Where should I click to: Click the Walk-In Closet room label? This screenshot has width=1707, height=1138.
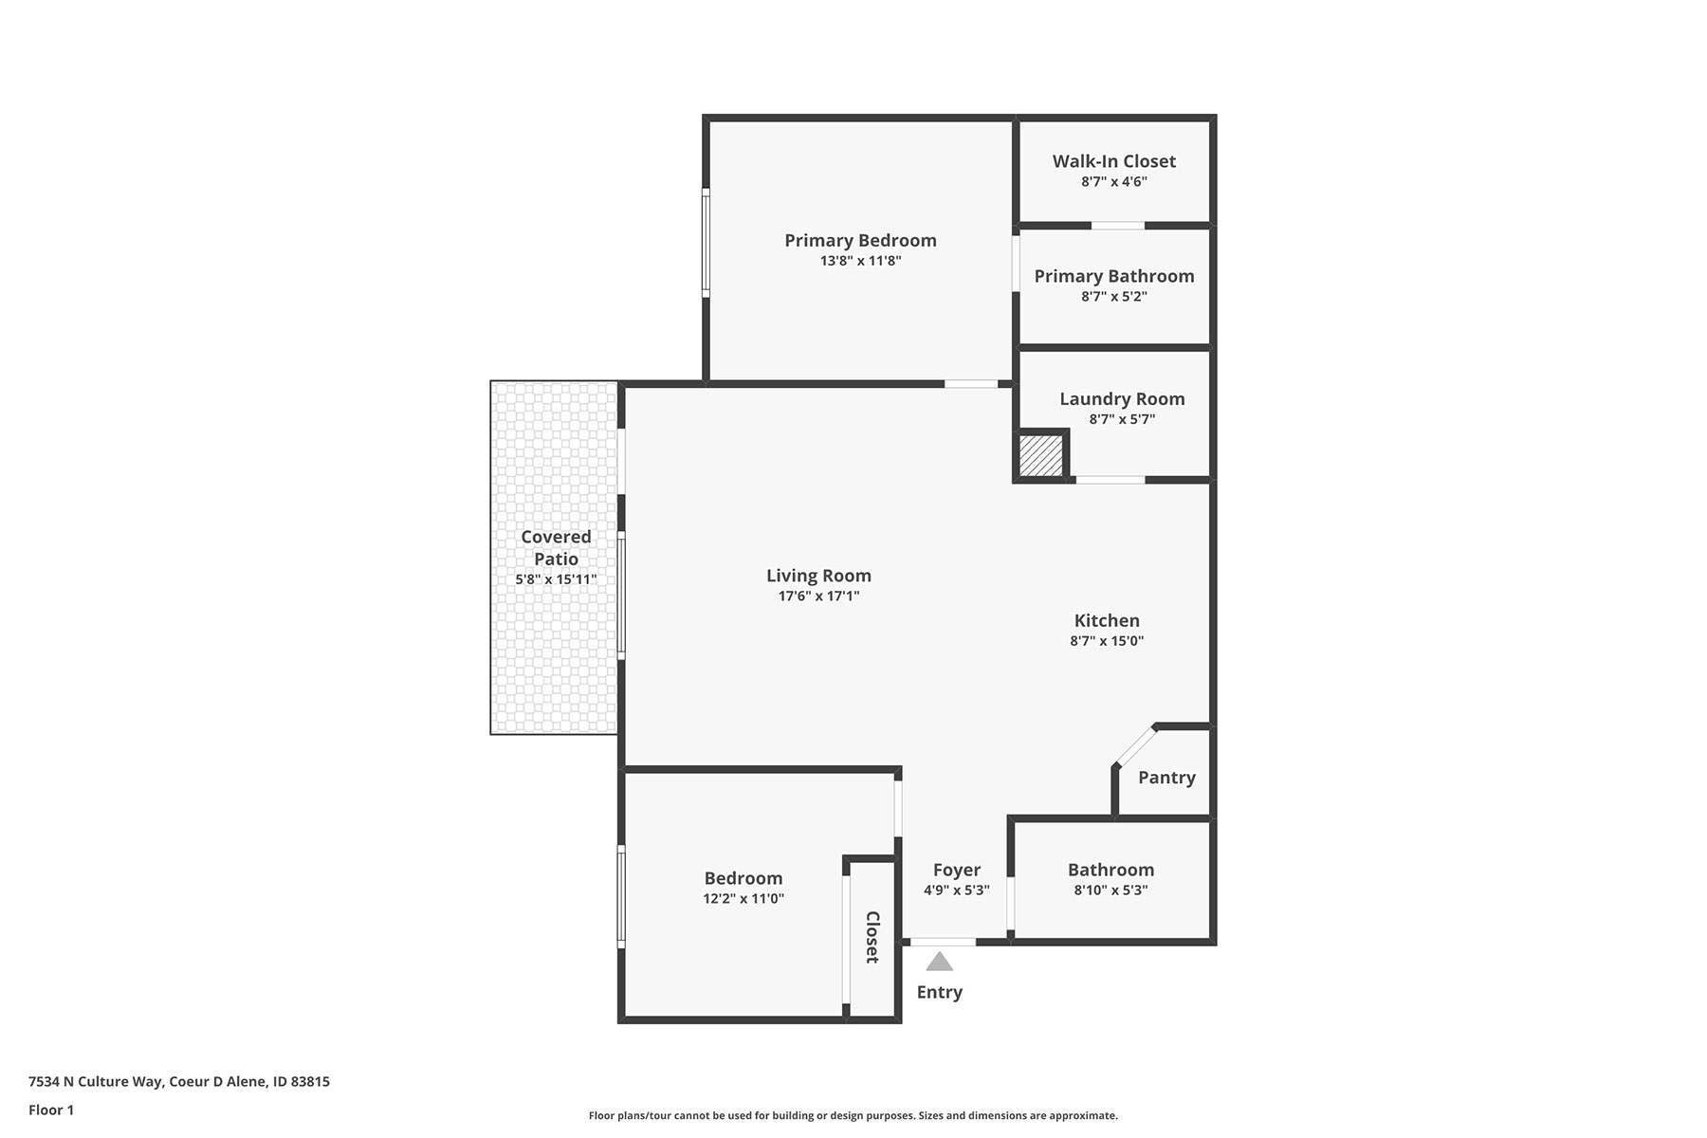[1114, 161]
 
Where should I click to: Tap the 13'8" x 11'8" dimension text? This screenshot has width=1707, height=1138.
[860, 261]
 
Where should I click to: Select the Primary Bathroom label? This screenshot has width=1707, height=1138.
[1114, 276]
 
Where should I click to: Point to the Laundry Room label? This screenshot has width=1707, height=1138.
[1122, 399]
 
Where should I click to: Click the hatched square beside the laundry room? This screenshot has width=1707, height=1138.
[1040, 455]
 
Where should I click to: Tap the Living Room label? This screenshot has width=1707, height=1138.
[818, 576]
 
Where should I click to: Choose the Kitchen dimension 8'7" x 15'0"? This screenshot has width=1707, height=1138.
[1107, 641]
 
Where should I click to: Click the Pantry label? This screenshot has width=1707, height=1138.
[1166, 778]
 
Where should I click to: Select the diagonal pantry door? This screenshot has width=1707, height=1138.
[1135, 745]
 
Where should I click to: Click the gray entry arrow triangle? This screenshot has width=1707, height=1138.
[939, 962]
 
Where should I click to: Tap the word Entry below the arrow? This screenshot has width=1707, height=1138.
[939, 992]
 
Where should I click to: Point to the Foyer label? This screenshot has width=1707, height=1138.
[956, 870]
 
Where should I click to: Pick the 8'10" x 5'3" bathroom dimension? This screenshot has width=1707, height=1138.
[1110, 890]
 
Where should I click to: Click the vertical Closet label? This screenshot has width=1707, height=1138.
[872, 937]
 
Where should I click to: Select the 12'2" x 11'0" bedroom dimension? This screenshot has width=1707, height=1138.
[743, 899]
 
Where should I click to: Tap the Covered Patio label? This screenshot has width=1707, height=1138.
[556, 548]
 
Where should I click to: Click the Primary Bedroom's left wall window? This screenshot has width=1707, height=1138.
[706, 243]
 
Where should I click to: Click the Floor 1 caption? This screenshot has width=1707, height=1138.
[51, 1110]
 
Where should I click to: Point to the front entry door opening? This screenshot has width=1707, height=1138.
[943, 942]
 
